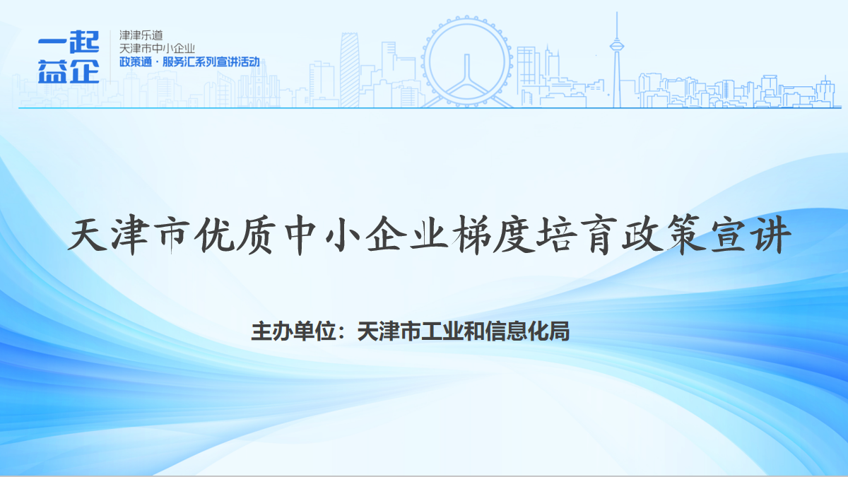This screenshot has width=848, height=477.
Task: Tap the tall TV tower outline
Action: tap(617, 61)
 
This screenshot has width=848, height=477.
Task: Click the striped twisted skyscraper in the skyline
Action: tap(349, 70)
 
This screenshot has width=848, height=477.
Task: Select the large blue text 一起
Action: tap(69, 42)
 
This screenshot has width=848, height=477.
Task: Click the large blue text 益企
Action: tap(69, 71)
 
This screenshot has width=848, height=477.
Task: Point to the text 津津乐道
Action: tap(141, 35)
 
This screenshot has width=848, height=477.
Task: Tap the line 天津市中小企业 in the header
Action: tap(157, 49)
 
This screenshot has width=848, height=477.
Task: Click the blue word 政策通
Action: tap(136, 61)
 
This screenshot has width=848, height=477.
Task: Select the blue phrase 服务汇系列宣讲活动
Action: tap(211, 61)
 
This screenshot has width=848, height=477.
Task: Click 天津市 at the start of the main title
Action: tap(128, 235)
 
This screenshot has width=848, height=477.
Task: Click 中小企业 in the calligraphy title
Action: tap(367, 235)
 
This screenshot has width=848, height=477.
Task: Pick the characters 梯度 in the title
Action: tap(495, 235)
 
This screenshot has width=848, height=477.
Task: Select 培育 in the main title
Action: tap(577, 235)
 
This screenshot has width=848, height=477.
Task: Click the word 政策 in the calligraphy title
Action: tap(664, 235)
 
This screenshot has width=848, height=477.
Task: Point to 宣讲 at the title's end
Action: tap(751, 235)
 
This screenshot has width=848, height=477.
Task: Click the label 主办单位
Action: tap(293, 331)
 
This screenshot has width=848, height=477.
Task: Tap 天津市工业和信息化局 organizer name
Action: tap(464, 331)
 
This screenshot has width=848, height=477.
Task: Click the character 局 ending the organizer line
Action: tap(560, 331)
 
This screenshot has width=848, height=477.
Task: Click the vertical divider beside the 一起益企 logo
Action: tap(110, 56)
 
